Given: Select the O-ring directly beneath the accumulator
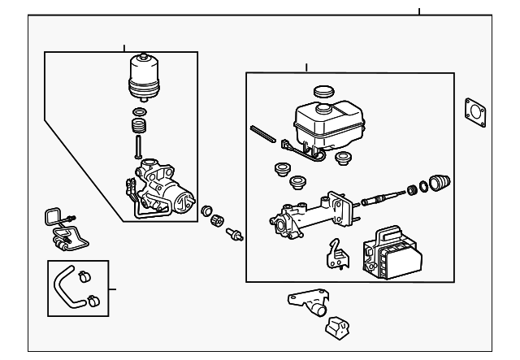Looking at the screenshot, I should [139, 111].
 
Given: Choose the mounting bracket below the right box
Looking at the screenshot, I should [310, 302].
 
